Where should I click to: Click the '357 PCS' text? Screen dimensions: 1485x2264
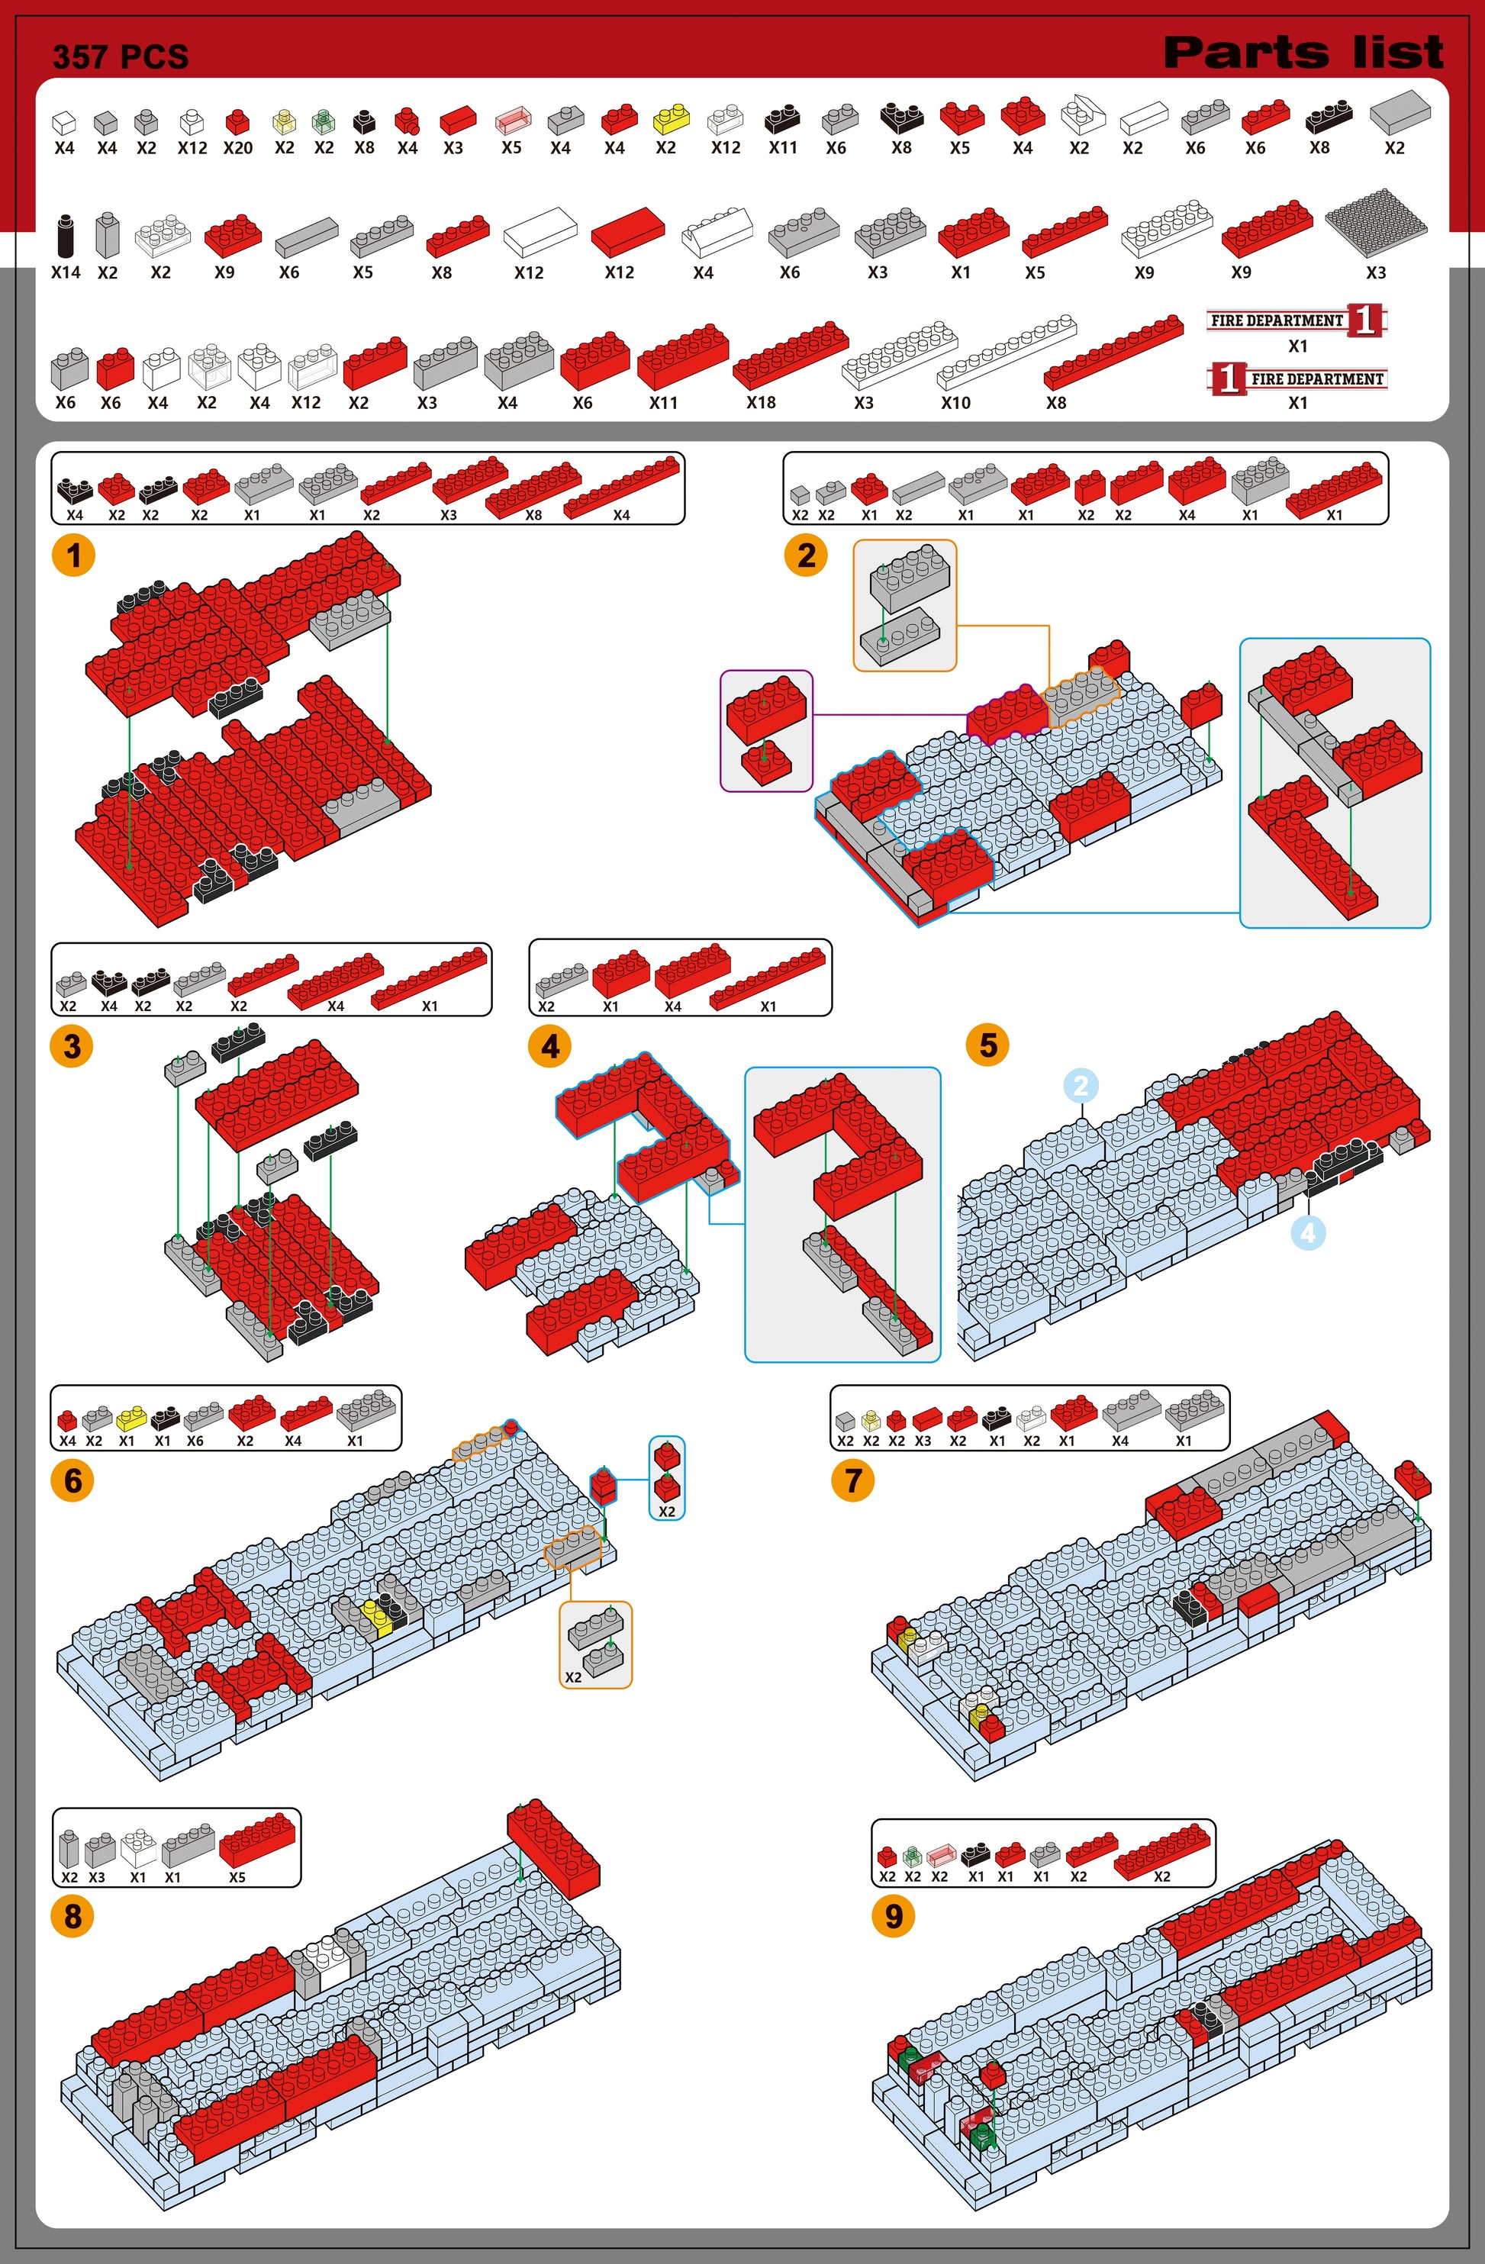(121, 57)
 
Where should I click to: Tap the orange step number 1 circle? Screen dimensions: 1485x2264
(73, 555)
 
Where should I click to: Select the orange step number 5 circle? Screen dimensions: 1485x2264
(988, 1045)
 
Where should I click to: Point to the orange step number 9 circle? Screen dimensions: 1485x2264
(894, 1916)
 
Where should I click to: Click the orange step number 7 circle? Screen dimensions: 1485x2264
(853, 1480)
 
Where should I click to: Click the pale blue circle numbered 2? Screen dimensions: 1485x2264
(1080, 1085)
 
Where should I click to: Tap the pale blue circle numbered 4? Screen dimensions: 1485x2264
(1308, 1233)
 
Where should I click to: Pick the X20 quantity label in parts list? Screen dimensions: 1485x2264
(238, 147)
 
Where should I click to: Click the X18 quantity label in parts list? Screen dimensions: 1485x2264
(761, 402)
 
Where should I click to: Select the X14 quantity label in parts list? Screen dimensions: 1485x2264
(66, 272)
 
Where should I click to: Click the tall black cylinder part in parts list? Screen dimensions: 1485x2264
(65, 235)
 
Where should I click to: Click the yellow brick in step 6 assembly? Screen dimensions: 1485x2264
(378, 1616)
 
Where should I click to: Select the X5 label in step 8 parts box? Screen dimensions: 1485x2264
(237, 1877)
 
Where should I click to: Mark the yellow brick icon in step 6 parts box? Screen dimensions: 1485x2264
(130, 1419)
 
